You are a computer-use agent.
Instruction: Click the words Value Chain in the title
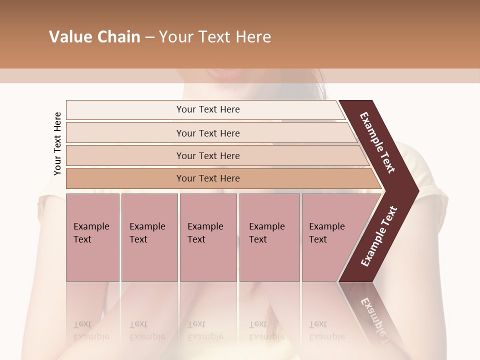coord(94,37)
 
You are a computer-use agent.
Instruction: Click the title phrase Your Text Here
coord(215,37)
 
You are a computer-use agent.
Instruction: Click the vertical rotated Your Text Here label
coord(57,143)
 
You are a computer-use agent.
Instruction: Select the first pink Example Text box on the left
coord(92,237)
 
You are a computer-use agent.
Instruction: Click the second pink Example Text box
coord(149,237)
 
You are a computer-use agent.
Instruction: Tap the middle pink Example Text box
coord(208,237)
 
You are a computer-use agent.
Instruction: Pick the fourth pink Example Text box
coord(269,237)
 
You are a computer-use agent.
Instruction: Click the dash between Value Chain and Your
coord(149,37)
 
